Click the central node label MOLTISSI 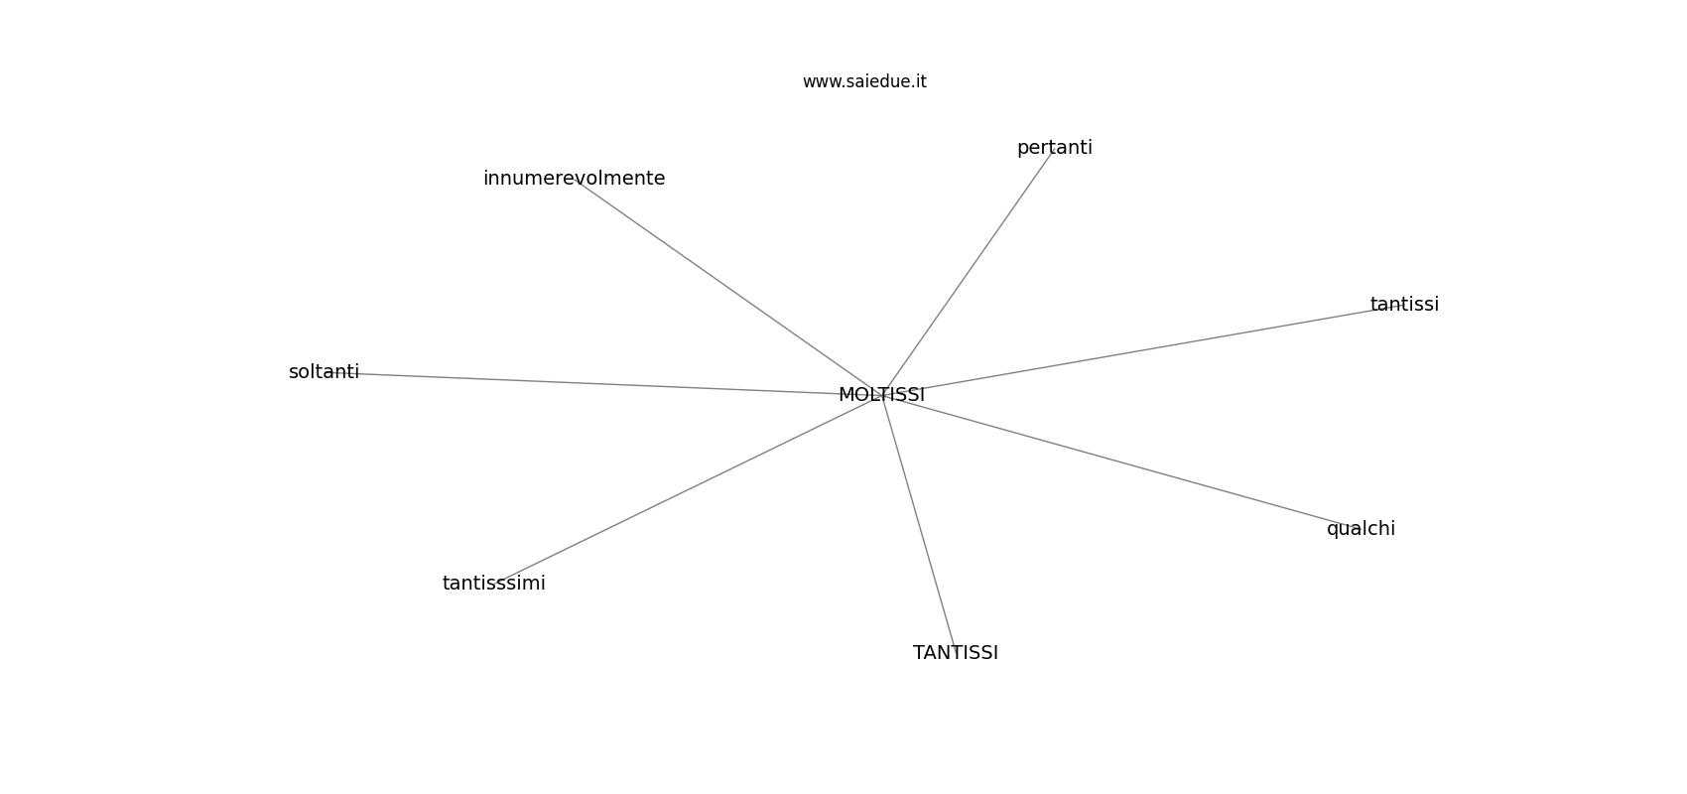(881, 395)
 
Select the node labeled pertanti (1054, 149)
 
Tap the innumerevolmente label (574, 179)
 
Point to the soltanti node (324, 372)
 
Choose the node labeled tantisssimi (494, 584)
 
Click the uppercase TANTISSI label (956, 653)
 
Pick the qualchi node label (1361, 530)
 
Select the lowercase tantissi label (1404, 305)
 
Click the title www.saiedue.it (864, 81)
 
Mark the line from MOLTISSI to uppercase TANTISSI (918, 524)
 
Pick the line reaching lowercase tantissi (1142, 349)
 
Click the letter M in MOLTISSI (845, 395)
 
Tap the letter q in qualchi (1333, 531)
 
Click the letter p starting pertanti (1023, 150)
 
